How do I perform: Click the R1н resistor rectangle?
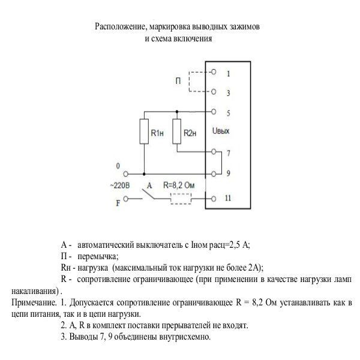(144, 131)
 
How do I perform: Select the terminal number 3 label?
(229, 94)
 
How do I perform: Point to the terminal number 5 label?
(229, 113)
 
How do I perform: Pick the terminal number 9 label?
(229, 175)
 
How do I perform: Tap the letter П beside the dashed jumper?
(179, 82)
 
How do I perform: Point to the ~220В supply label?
(120, 185)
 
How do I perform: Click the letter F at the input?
(119, 199)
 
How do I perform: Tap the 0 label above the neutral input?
(118, 166)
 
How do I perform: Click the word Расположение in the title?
(120, 28)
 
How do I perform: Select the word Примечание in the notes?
(30, 301)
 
